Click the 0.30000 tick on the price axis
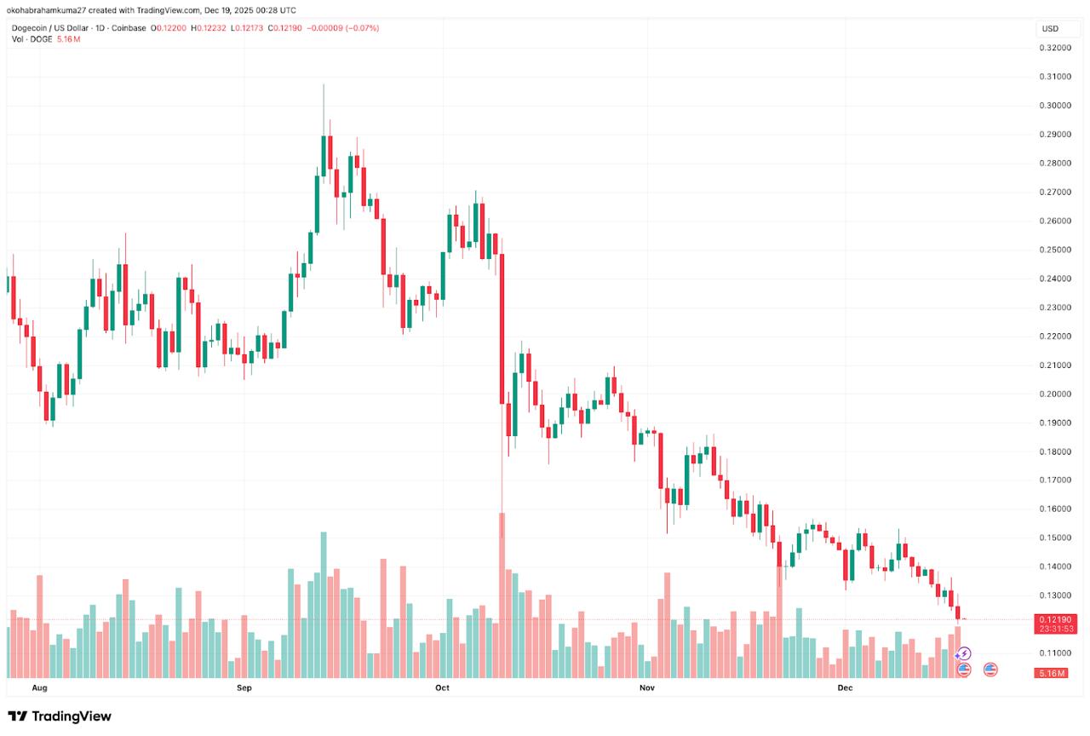click(x=1055, y=106)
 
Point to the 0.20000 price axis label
click(x=1055, y=394)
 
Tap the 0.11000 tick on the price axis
click(x=1055, y=653)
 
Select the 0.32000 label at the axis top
click(x=1055, y=48)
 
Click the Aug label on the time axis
click(x=38, y=687)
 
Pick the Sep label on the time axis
click(x=244, y=687)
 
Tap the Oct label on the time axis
click(x=442, y=687)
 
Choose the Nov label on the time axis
click(x=646, y=687)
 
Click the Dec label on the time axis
click(x=845, y=687)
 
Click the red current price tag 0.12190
click(x=1055, y=619)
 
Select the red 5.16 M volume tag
click(x=1055, y=673)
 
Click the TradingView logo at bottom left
click(x=60, y=716)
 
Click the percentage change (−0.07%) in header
click(x=361, y=28)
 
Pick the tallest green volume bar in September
click(x=324, y=605)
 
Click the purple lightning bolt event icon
click(x=964, y=654)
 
